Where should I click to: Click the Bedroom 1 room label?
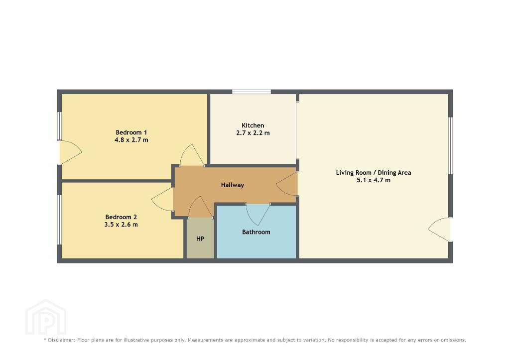point(131,132)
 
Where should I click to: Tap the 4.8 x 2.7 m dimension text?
point(131,140)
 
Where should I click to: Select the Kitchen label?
point(253,125)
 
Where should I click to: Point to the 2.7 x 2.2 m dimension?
point(253,132)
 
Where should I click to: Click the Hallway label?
point(232,185)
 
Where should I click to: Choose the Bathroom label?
point(256,232)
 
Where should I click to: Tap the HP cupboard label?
point(200,239)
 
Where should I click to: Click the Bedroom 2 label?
point(121,217)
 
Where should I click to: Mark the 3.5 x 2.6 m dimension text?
point(121,225)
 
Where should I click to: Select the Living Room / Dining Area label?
point(374,173)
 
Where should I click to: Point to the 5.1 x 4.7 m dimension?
point(374,180)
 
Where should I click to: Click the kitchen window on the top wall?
point(252,92)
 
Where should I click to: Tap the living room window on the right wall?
point(451,145)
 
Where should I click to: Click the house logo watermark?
point(46,317)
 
